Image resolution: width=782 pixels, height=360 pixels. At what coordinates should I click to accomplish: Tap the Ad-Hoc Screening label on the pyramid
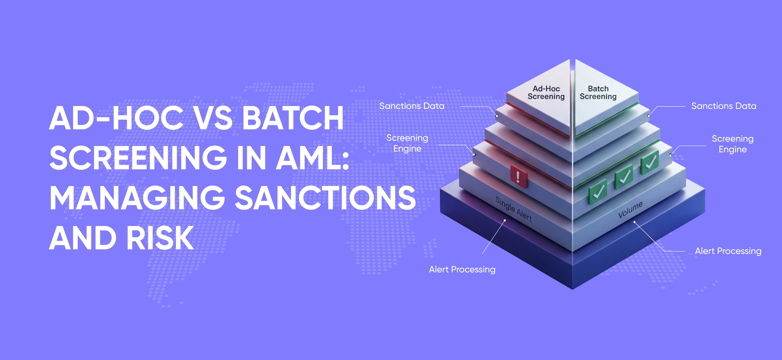coord(546,93)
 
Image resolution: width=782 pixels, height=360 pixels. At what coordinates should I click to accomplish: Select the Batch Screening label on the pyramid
coord(598,93)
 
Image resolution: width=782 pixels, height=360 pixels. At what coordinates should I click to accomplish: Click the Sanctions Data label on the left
coord(412,106)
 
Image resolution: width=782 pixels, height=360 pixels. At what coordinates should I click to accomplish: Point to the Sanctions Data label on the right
coord(724,106)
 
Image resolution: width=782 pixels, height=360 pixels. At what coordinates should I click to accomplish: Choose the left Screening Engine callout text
coord(407,143)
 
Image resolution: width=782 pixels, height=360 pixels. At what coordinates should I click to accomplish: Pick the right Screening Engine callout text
coord(733,144)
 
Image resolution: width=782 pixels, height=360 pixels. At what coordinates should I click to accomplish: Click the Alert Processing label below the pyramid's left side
coord(462,269)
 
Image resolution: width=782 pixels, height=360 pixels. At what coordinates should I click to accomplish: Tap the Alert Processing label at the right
coord(728,251)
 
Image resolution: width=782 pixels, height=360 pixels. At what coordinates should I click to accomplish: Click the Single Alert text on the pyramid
coord(514,209)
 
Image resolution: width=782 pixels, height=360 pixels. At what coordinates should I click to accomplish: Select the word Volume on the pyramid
coord(630,210)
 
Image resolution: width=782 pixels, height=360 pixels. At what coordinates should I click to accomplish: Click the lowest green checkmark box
coord(598,192)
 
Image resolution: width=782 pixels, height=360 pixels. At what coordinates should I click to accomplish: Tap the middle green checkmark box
coord(624,177)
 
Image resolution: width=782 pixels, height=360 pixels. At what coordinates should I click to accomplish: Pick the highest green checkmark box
coord(650,162)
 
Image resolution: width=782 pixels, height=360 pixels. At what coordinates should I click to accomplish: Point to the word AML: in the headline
coord(313,158)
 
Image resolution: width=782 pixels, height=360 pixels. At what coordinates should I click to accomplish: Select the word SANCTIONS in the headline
coord(325,198)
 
